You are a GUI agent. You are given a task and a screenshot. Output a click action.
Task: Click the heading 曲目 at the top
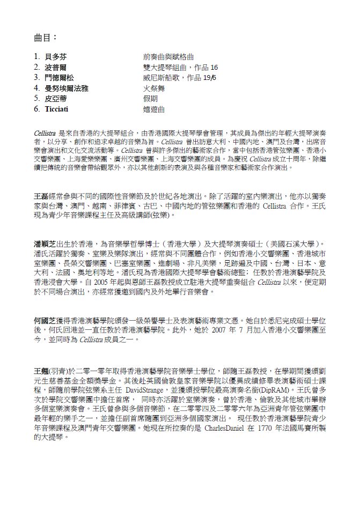[45, 38]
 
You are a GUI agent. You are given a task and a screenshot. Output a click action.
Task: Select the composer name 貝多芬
[56, 56]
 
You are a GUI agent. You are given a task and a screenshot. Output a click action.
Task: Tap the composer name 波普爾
[56, 67]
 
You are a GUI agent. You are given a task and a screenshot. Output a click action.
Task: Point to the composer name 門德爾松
[60, 77]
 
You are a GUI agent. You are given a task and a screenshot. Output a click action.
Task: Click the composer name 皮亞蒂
[56, 98]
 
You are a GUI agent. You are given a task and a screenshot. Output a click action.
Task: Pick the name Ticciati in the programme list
[58, 109]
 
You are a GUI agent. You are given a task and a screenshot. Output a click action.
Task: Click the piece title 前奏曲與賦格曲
[168, 56]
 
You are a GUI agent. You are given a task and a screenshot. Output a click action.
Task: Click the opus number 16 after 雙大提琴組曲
[214, 67]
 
